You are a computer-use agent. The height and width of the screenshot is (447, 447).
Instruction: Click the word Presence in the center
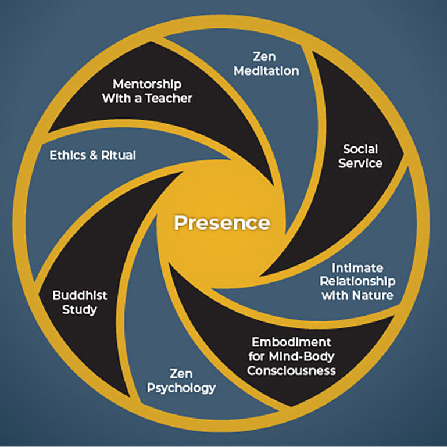click(x=223, y=223)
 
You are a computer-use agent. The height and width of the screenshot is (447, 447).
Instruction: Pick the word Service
click(x=362, y=163)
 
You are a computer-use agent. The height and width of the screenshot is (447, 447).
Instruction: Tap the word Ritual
click(x=120, y=155)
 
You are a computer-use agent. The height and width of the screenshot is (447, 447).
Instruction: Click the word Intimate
click(x=357, y=268)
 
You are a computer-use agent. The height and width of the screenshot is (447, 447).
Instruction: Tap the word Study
click(x=80, y=309)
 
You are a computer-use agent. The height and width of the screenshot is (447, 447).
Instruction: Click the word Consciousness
click(x=291, y=370)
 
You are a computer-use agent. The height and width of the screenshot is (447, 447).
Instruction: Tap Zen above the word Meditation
click(x=268, y=57)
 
